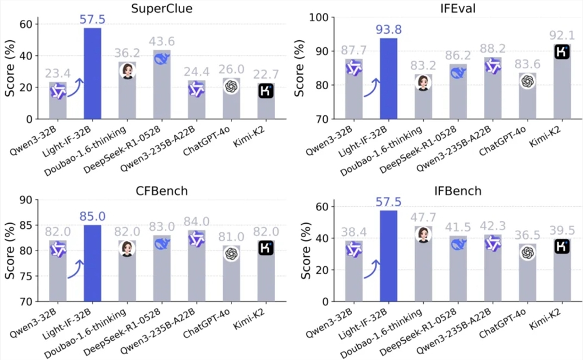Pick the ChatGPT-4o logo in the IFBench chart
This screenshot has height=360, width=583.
point(527,252)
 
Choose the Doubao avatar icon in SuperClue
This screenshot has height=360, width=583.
point(127,72)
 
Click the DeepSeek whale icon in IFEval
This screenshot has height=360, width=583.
point(458,72)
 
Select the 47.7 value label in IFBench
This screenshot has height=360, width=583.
point(423,217)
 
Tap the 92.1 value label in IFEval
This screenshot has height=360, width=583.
point(562,36)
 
